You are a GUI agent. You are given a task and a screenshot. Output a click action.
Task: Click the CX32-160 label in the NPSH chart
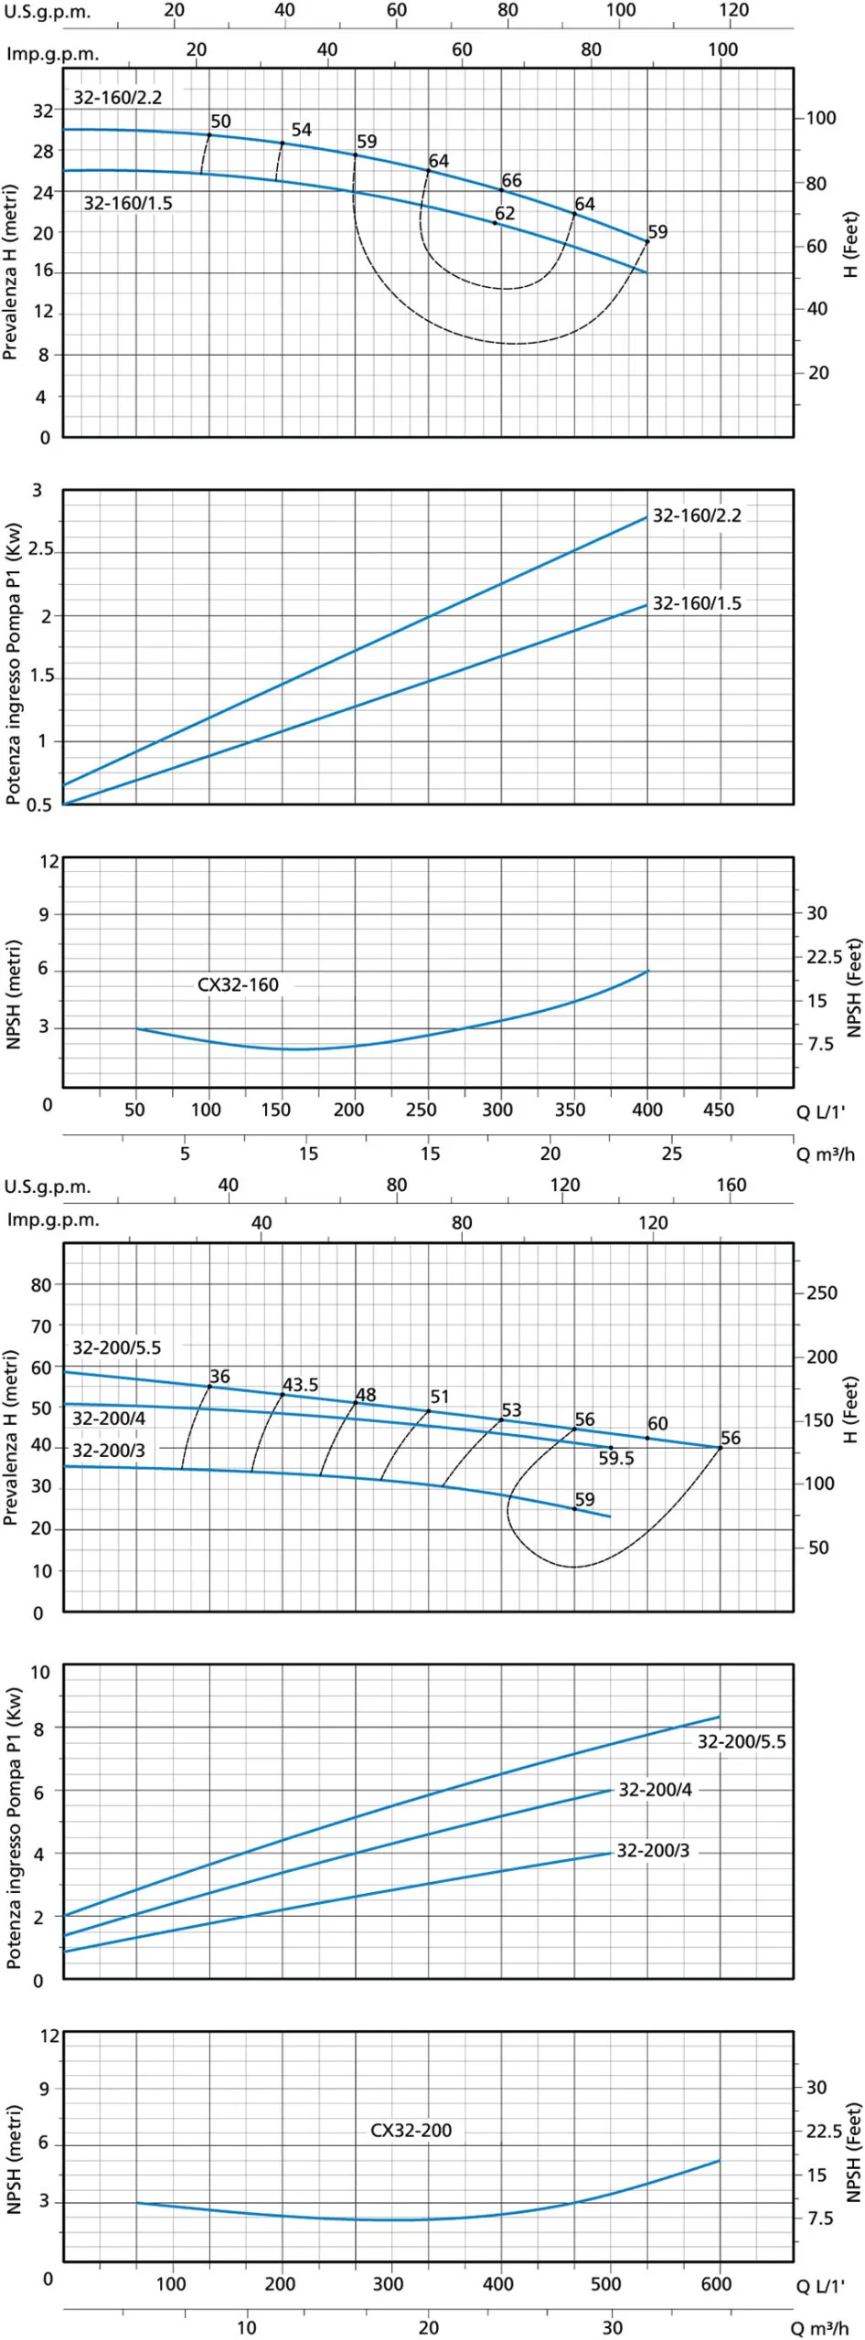tap(238, 984)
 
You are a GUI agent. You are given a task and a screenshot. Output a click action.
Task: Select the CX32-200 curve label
tap(411, 2130)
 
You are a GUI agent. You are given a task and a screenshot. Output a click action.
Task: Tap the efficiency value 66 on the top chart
tap(511, 180)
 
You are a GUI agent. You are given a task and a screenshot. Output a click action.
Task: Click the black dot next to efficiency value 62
tap(495, 222)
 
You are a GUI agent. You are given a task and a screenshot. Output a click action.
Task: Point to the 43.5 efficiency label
tap(300, 1385)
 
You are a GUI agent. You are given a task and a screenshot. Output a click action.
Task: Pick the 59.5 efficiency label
tap(616, 1458)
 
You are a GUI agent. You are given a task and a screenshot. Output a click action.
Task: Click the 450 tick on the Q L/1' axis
tap(718, 1109)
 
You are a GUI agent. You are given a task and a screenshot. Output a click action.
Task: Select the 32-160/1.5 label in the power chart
tap(697, 603)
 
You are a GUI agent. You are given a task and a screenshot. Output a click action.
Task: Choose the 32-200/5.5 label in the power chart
tap(742, 1741)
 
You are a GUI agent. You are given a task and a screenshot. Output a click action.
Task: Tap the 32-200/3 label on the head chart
tap(109, 1451)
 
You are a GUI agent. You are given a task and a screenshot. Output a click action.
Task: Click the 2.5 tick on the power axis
tap(41, 549)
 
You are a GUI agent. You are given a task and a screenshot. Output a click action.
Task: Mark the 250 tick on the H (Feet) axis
tap(821, 1292)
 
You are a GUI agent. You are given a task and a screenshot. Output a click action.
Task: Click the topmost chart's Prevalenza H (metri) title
tap(11, 272)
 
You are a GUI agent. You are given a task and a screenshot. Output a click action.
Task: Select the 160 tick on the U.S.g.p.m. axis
tap(731, 1185)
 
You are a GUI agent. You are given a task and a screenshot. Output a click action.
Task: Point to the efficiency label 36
tap(219, 1376)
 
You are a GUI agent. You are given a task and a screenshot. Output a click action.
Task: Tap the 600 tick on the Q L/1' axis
tap(716, 2283)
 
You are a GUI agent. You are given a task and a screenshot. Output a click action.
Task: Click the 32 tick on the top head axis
tap(43, 111)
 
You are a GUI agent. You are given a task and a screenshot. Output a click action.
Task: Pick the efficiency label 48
tap(366, 1395)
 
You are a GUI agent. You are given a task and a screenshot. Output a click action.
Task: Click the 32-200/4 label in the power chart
tap(655, 1789)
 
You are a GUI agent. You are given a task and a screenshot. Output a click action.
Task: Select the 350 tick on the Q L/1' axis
tap(570, 1109)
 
